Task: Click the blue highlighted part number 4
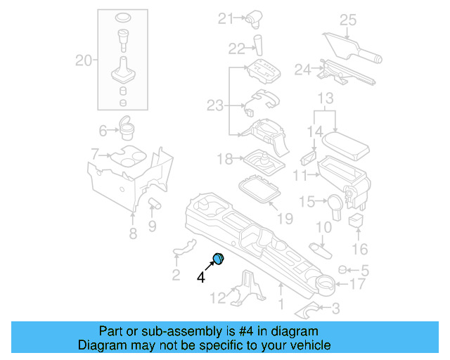(218, 259)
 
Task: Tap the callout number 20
(84, 61)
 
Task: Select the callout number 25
(348, 20)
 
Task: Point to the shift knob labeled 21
(254, 19)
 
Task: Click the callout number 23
(214, 105)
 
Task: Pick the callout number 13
(325, 97)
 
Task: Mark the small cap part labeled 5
(344, 269)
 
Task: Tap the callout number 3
(335, 307)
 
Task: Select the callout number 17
(358, 285)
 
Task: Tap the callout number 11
(300, 174)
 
